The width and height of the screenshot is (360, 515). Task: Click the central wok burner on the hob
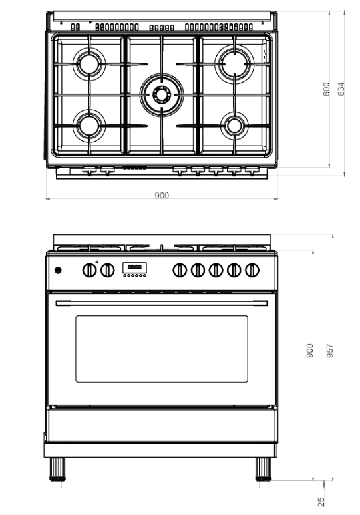[x=162, y=94]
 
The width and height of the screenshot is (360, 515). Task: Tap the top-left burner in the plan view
[x=89, y=64]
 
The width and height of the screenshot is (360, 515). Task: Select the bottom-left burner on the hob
[x=89, y=126]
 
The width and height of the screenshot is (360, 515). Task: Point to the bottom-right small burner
[x=234, y=126]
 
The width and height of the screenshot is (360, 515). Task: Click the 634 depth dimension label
[x=341, y=89]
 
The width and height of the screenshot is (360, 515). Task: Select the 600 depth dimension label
[x=326, y=89]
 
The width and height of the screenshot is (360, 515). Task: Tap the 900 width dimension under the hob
[x=162, y=195]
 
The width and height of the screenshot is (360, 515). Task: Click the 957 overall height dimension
[x=330, y=351]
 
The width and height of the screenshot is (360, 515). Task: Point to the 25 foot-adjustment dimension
[x=321, y=502]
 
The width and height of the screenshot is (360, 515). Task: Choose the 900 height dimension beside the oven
[x=309, y=351]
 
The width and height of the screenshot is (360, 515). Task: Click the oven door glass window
[x=162, y=349]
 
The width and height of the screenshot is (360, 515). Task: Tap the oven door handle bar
[x=162, y=303]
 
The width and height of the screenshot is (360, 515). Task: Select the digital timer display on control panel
[x=134, y=267]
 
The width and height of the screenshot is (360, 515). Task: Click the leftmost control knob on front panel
[x=89, y=270]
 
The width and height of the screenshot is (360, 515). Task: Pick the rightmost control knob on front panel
[x=252, y=270]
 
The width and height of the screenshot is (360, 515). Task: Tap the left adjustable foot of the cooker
[x=57, y=469]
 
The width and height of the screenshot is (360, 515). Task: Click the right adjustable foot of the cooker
[x=264, y=469]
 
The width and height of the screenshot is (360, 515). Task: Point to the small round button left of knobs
[x=58, y=270]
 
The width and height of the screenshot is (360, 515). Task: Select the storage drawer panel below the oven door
[x=161, y=425]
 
